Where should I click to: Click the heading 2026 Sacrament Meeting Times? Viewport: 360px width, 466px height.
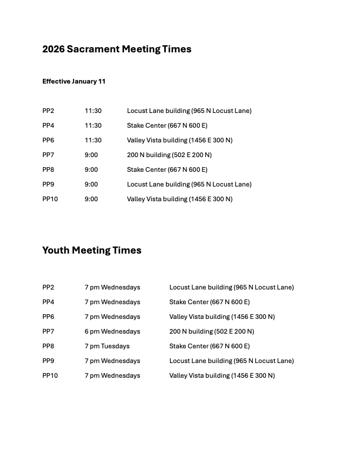(116, 49)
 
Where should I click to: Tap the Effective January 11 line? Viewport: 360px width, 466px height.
(74, 81)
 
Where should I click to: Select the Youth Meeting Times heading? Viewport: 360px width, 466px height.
(92, 251)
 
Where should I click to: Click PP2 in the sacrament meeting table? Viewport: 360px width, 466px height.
(48, 111)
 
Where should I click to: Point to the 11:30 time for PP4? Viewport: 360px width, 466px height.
(93, 125)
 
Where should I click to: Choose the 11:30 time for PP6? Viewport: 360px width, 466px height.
(93, 140)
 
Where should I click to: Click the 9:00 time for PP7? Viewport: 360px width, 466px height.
(91, 155)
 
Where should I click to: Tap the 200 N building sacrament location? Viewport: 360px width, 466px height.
(169, 155)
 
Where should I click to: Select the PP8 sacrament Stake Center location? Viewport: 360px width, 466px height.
(167, 169)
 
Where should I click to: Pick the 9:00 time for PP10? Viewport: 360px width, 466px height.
(91, 199)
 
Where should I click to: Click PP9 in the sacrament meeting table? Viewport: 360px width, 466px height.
(48, 184)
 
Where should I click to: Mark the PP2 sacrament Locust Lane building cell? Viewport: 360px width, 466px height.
(189, 111)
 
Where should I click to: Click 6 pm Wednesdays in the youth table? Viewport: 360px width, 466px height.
(112, 331)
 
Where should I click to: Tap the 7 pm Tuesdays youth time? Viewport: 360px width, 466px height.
(107, 346)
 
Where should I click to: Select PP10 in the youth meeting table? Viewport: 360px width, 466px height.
(50, 375)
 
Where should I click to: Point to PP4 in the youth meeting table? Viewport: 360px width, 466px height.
(48, 302)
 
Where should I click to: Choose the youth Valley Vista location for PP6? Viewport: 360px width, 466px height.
(222, 317)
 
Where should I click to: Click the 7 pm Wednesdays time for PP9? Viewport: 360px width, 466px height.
(112, 361)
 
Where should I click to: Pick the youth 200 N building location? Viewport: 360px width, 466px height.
(212, 331)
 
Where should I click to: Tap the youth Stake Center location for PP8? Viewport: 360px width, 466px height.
(209, 346)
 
